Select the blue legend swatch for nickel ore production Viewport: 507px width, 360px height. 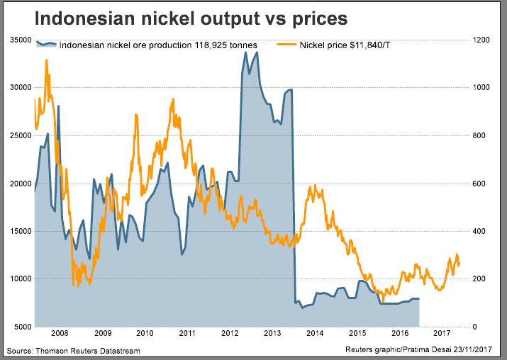pyautogui.click(x=46, y=45)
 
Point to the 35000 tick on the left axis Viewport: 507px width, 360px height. pyautogui.click(x=21, y=40)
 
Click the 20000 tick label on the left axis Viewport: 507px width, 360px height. pyautogui.click(x=21, y=184)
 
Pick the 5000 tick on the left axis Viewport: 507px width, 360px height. pyautogui.click(x=23, y=327)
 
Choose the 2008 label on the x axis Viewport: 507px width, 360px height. pyautogui.click(x=60, y=332)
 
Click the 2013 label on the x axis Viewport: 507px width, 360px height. pyautogui.click(x=272, y=332)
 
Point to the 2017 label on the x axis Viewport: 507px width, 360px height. pyautogui.click(x=442, y=332)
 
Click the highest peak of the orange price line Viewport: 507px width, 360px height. pyautogui.click(x=47, y=60)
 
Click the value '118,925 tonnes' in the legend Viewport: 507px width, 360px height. pyautogui.click(x=225, y=45)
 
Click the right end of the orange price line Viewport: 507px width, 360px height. pyautogui.click(x=459, y=264)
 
